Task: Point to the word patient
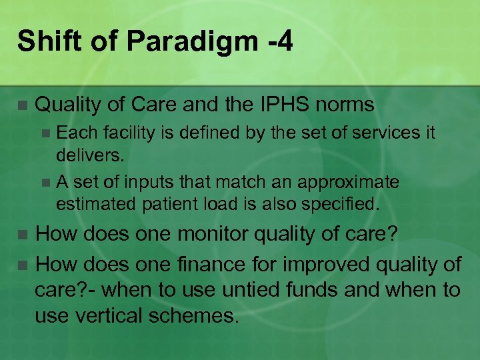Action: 170,203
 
